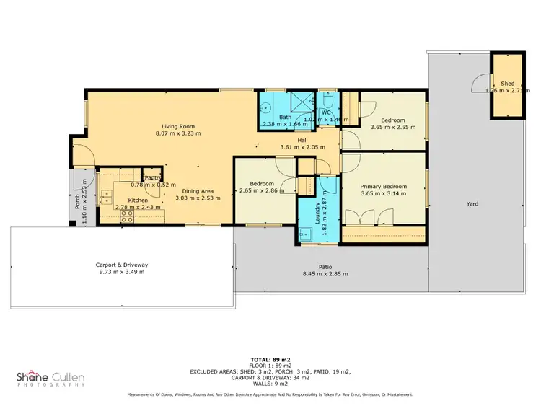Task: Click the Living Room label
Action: (x=177, y=125)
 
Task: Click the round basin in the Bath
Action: (x=265, y=111)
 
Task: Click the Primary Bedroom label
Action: (x=384, y=186)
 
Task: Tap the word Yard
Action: (x=472, y=204)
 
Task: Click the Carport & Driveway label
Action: (x=122, y=265)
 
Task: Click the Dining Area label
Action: (x=192, y=190)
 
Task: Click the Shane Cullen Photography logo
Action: (x=50, y=378)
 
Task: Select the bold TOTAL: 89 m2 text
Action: (x=271, y=358)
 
